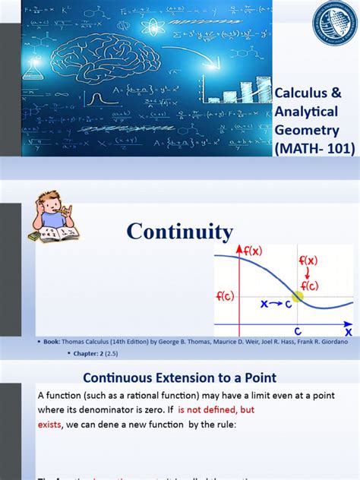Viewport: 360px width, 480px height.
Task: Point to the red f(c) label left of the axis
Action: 224,295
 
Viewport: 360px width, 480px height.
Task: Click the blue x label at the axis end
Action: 349,331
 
